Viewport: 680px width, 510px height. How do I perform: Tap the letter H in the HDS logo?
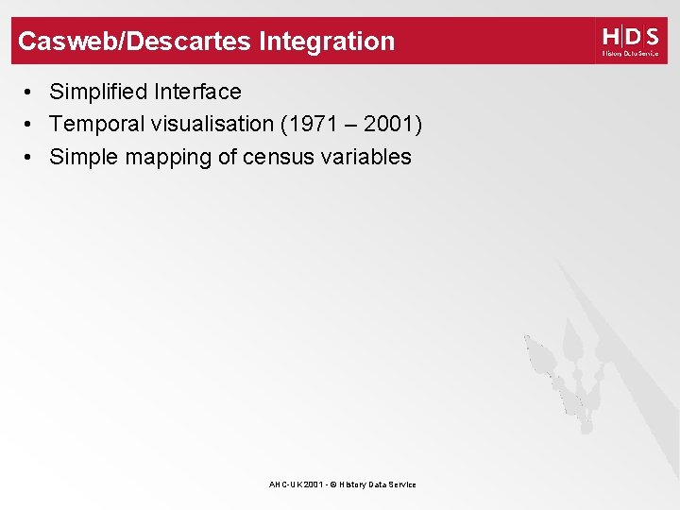pyautogui.click(x=611, y=37)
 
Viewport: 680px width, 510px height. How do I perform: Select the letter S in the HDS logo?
pyautogui.click(x=651, y=37)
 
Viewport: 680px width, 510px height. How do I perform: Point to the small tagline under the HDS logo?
pyautogui.click(x=630, y=54)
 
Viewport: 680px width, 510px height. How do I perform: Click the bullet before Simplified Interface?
pyautogui.click(x=31, y=93)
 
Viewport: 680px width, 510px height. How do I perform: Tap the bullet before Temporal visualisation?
pyautogui.click(x=31, y=125)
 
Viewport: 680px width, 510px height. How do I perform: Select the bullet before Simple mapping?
pyautogui.click(x=31, y=158)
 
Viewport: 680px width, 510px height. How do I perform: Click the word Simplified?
pyautogui.click(x=99, y=93)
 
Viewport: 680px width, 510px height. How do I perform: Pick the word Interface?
pyautogui.click(x=198, y=93)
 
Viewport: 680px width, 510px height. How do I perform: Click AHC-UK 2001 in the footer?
pyautogui.click(x=293, y=484)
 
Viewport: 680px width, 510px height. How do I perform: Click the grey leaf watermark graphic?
pyautogui.click(x=567, y=373)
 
